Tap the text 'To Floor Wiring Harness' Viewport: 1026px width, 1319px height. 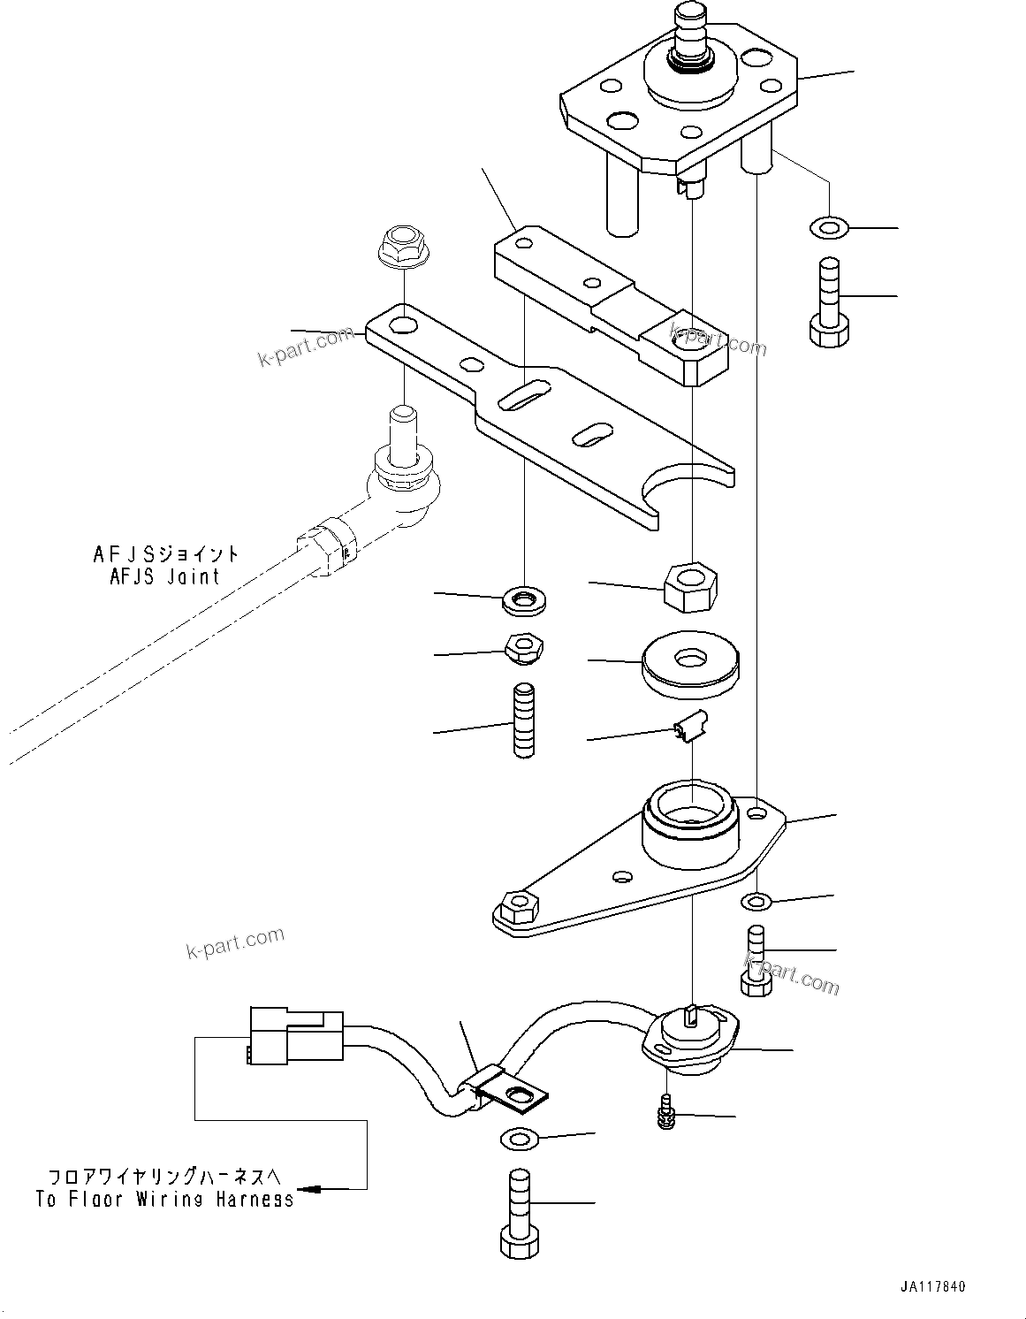point(164,1199)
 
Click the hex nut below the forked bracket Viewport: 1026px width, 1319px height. point(689,586)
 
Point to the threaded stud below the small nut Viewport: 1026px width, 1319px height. point(523,721)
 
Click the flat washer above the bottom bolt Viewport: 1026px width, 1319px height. point(521,1139)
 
